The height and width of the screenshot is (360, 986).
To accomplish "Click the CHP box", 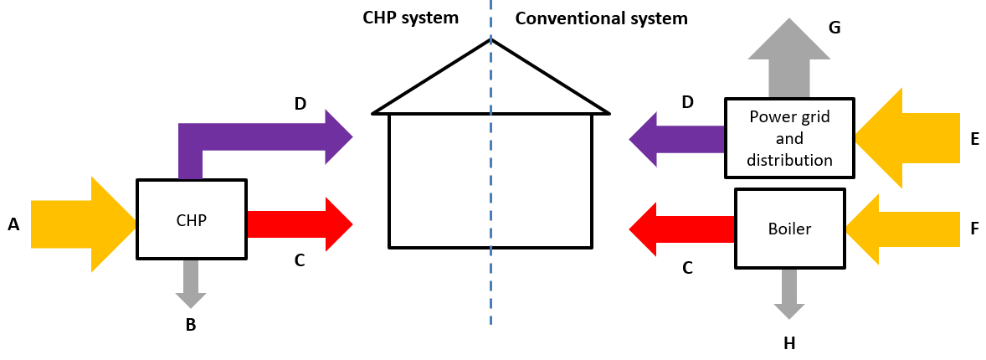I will pos(192,219).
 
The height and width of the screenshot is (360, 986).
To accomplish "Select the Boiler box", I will pos(788,228).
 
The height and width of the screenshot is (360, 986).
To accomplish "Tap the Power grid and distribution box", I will pos(789,137).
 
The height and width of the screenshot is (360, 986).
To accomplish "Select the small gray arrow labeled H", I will pos(788,293).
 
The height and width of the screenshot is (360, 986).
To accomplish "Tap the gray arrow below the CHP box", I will pos(191,284).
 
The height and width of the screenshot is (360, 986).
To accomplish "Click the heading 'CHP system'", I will pos(411,18).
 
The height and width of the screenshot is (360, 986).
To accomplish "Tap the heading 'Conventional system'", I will pos(601,18).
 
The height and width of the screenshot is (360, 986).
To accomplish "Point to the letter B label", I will pos(191,325).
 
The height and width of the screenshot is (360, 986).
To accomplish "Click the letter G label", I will pos(834,28).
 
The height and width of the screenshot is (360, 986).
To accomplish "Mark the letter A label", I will pos(13,224).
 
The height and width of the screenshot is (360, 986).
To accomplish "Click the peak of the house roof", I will pos(490,40).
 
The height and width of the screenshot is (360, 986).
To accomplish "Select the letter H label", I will pos(788,342).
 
